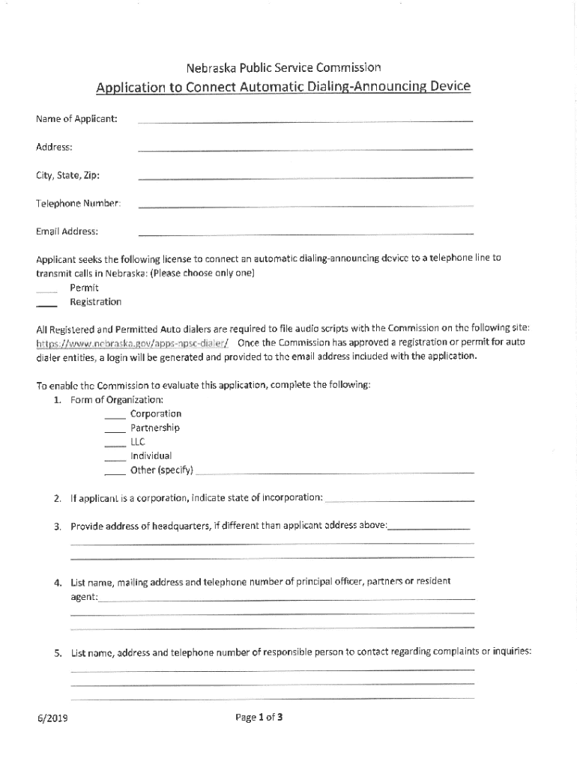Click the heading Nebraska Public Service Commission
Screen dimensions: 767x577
click(283, 67)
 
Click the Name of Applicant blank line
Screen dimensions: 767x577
click(305, 121)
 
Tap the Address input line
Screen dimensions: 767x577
click(305, 149)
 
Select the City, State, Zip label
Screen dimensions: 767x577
click(67, 175)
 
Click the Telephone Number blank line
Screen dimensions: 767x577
click(305, 205)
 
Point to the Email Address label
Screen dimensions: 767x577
click(67, 231)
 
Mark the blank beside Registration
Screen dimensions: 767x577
click(46, 305)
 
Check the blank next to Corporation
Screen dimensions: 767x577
click(115, 417)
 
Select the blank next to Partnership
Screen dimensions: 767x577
click(115, 431)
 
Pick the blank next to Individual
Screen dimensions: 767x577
click(115, 459)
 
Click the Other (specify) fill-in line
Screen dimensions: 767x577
click(334, 473)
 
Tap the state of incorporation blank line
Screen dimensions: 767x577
click(400, 500)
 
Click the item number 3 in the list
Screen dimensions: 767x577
click(57, 527)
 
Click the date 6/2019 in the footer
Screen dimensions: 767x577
click(53, 718)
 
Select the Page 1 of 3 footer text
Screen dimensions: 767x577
click(259, 718)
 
